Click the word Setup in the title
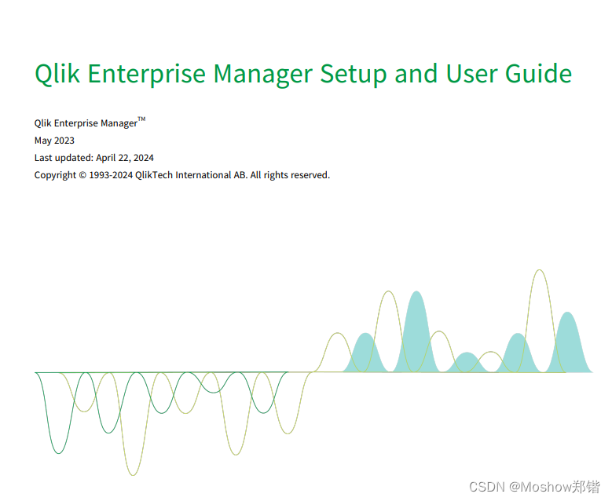click(x=353, y=74)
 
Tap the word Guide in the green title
click(x=530, y=74)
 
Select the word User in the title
click(x=467, y=74)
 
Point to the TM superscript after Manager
click(x=141, y=120)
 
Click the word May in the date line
click(x=43, y=141)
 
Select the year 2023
click(x=64, y=141)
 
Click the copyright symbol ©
click(x=82, y=175)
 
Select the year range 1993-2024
click(x=111, y=175)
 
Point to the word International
click(x=202, y=175)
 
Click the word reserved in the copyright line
click(x=310, y=175)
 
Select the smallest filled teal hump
click(x=467, y=364)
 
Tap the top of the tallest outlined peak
click(x=539, y=271)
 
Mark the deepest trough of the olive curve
click(x=133, y=474)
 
